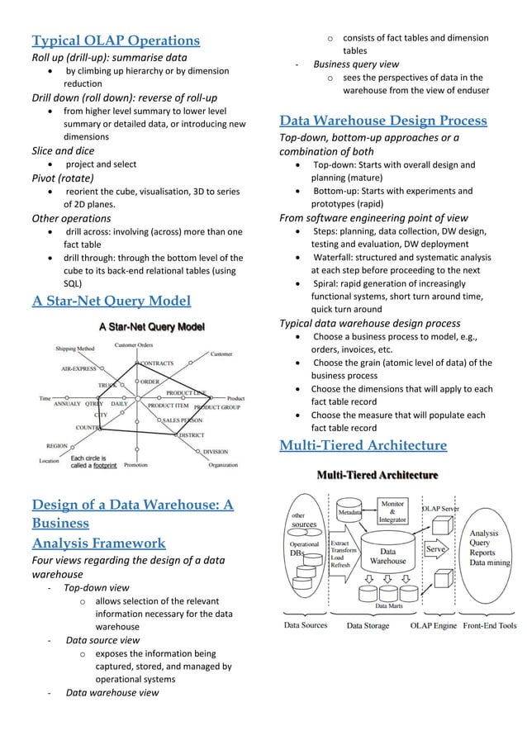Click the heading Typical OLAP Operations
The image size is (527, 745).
pos(116,40)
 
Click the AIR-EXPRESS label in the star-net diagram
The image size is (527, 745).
pos(79,369)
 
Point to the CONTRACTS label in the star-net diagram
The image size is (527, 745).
pos(157,363)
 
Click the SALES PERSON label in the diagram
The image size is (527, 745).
pos(184,420)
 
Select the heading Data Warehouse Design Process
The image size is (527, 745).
pos(383,121)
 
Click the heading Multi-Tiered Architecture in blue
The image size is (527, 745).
pos(363,447)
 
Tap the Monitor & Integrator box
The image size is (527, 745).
pos(392,511)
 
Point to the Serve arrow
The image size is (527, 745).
pos(436,548)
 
